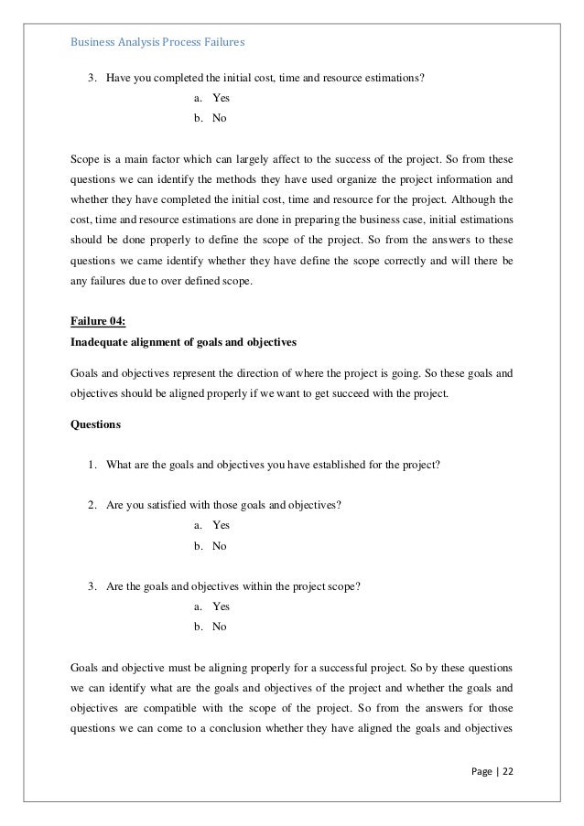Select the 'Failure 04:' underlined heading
[99, 319]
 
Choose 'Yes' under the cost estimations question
[221, 98]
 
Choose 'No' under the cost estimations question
[220, 118]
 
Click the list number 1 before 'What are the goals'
[92, 464]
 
